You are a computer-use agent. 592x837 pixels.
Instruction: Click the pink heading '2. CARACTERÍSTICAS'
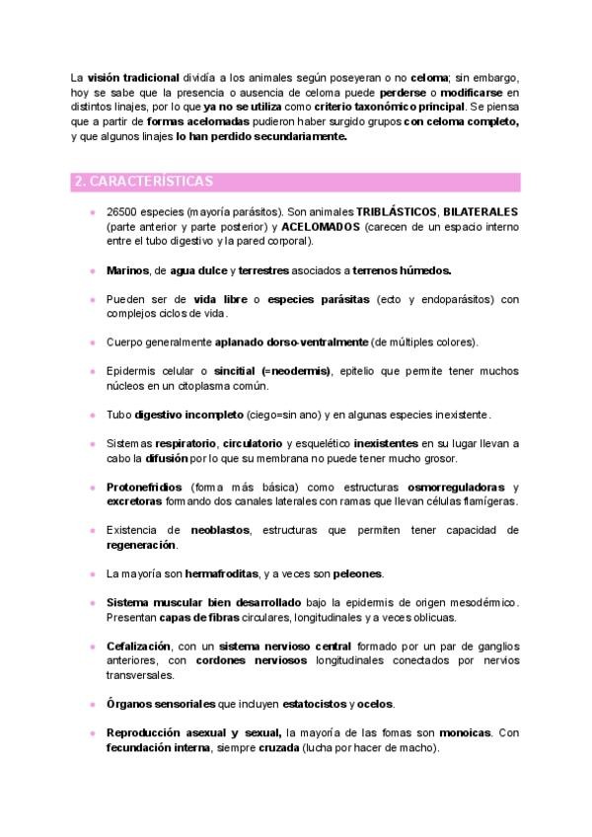[144, 182]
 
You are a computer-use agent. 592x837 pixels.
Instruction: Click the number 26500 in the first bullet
[122, 212]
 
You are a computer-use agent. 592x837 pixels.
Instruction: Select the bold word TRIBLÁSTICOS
[397, 212]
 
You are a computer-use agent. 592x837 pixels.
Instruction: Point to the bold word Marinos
[126, 269]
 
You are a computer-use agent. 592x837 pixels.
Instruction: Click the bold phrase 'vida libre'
[220, 299]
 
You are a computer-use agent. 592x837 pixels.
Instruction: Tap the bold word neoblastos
[220, 530]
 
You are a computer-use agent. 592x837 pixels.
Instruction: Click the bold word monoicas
[465, 733]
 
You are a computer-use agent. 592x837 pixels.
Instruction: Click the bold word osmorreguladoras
[456, 487]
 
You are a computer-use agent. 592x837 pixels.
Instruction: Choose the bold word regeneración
[141, 545]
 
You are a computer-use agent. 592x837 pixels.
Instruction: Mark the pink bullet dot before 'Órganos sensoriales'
[93, 705]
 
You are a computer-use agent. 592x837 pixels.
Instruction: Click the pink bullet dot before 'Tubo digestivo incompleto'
[93, 415]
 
